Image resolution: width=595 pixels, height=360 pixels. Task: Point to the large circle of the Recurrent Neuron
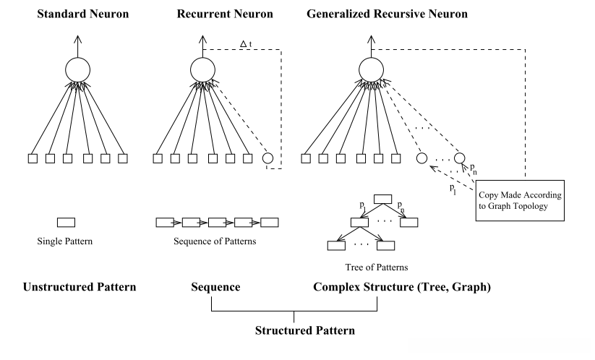(x=203, y=69)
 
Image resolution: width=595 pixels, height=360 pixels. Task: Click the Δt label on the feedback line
(x=245, y=44)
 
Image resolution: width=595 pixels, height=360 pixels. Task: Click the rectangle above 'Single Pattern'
(x=66, y=222)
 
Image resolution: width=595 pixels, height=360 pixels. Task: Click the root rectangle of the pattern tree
(x=382, y=200)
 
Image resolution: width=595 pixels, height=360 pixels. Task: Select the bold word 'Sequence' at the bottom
(x=215, y=287)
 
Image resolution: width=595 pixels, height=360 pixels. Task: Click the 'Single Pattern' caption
(x=66, y=240)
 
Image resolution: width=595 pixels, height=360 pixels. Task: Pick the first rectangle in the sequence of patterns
(x=166, y=222)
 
